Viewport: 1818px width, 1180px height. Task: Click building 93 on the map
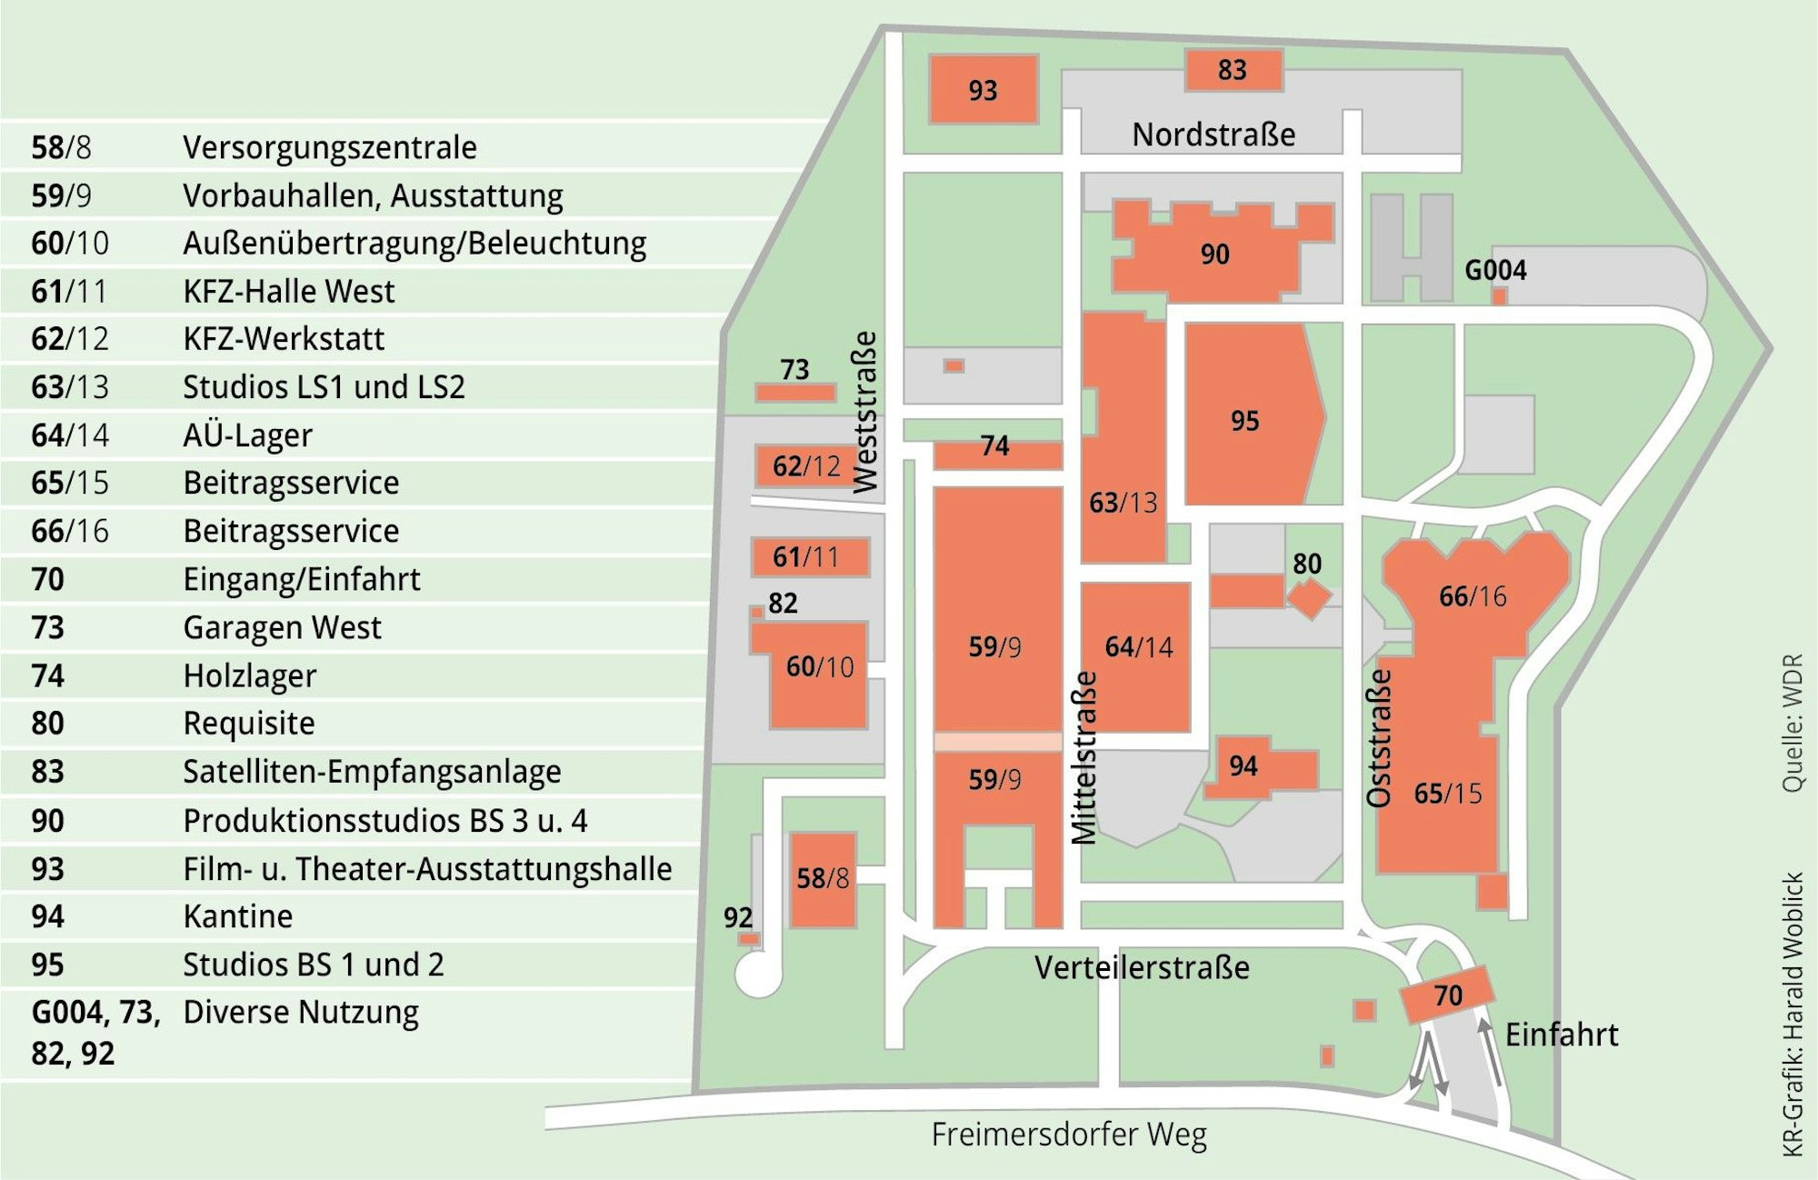coord(983,89)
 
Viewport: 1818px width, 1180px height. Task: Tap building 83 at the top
coord(1233,70)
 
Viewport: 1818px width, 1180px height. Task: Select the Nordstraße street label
coord(1214,135)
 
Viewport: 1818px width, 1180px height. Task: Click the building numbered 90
coord(1214,255)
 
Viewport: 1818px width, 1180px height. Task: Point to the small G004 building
coord(1500,295)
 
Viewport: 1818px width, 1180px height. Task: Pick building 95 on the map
coord(1245,420)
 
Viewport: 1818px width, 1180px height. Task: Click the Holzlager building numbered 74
coord(996,452)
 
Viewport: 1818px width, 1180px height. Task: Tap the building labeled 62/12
coord(805,465)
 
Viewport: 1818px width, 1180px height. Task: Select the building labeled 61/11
coord(808,556)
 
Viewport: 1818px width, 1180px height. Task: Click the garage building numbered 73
coord(795,393)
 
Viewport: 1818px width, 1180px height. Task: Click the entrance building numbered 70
coord(1447,995)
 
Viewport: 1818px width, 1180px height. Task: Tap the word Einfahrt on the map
coord(1562,1035)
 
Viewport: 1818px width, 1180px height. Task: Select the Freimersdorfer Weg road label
coord(1069,1135)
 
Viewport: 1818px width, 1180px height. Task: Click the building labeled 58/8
coord(823,878)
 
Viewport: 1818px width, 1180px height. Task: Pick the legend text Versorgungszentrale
coord(329,147)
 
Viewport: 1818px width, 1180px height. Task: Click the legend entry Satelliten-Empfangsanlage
coord(372,772)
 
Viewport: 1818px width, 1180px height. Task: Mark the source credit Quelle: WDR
coord(1792,723)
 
